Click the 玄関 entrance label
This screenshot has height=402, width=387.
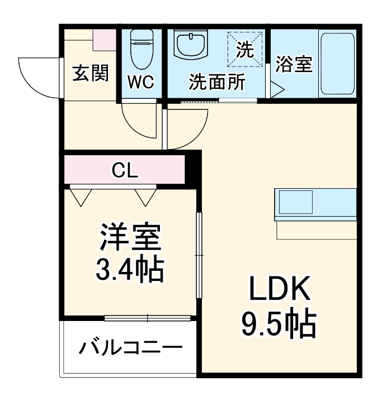pyautogui.click(x=90, y=73)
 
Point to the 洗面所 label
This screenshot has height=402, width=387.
pyautogui.click(x=216, y=83)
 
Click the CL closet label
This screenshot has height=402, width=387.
pyautogui.click(x=125, y=170)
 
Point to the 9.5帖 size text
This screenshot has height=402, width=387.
pyautogui.click(x=279, y=323)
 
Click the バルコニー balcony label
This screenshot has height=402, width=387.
pyautogui.click(x=130, y=349)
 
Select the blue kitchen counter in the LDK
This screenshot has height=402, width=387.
pyautogui.click(x=315, y=205)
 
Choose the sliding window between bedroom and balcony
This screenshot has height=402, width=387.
pyautogui.click(x=148, y=319)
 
